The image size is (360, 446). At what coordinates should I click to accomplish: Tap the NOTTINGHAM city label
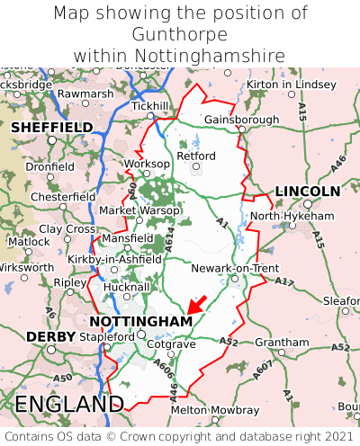pos(140,321)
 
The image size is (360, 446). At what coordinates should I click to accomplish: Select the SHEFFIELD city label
pos(51,128)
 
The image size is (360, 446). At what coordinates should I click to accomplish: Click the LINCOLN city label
pos(307,191)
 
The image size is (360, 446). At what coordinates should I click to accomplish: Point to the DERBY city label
pos(44,336)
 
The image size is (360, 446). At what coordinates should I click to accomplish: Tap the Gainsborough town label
pos(241,120)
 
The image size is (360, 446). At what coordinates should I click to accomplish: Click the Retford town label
pos(197,156)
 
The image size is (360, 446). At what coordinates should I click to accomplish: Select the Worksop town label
pos(146,164)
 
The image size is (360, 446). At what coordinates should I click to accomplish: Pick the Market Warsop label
pos(139,210)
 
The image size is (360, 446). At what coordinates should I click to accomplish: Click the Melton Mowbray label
pos(215,410)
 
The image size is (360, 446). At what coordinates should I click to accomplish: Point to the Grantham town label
pos(282,343)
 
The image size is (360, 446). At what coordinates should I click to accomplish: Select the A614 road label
pos(168,239)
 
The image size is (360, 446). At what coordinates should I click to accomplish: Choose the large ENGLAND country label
pos(69,404)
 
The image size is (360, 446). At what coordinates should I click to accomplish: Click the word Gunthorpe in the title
pos(180,34)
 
